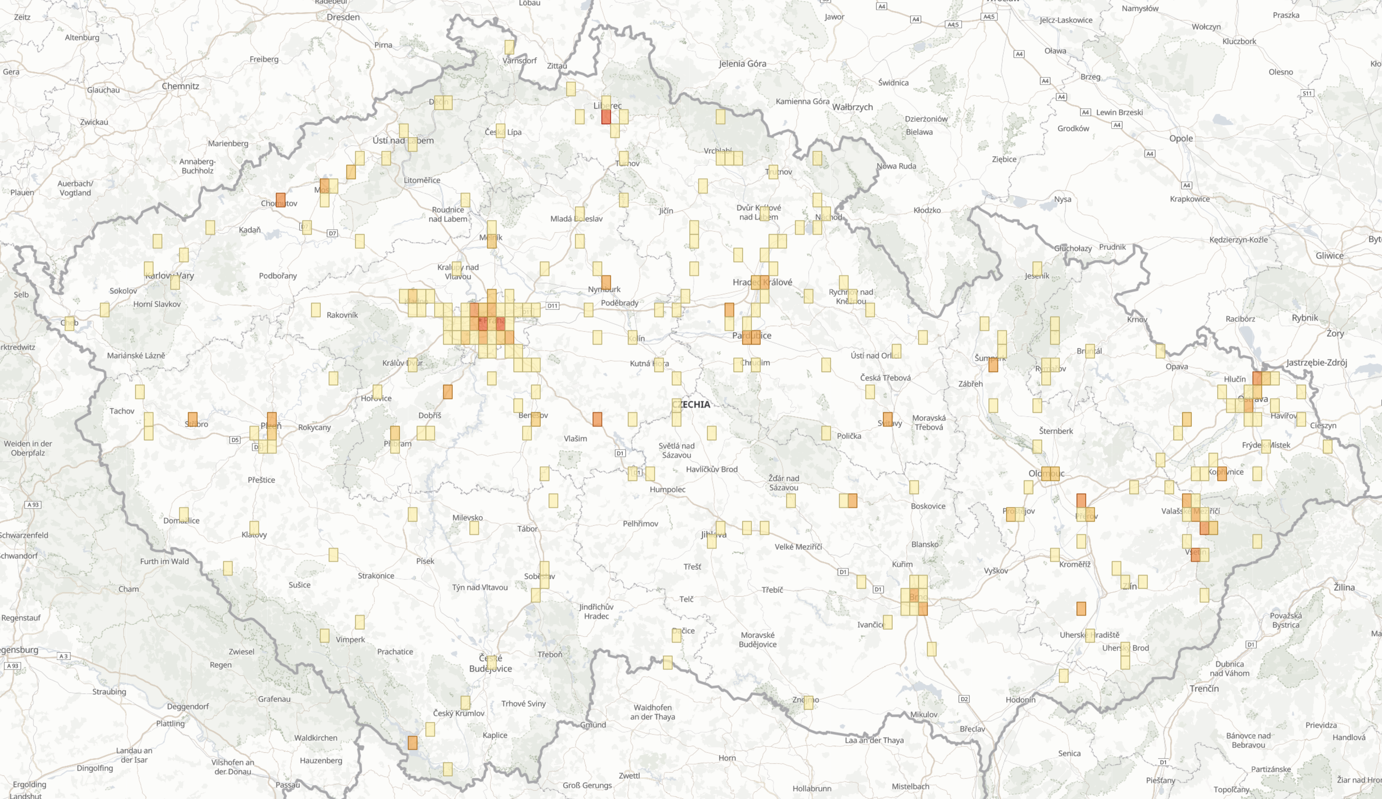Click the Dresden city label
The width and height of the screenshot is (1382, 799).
tap(343, 17)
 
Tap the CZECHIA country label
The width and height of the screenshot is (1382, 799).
tap(691, 404)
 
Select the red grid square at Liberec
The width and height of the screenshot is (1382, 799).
tap(606, 117)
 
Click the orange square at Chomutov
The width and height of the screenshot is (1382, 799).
tap(280, 200)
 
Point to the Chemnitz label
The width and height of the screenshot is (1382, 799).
tap(180, 86)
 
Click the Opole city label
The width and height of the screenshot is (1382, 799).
tap(1181, 138)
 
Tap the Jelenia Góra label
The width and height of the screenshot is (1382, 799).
tap(743, 64)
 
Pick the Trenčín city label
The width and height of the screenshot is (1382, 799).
tap(1204, 688)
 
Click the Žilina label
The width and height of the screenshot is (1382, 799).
tap(1344, 587)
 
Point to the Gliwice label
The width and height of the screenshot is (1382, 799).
tap(1329, 255)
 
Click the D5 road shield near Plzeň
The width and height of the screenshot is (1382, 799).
tap(235, 440)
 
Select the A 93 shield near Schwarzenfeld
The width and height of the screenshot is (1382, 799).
tap(33, 505)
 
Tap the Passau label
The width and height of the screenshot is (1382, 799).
tap(287, 785)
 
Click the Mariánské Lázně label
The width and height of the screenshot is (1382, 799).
tap(136, 356)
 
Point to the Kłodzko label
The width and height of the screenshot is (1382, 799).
tap(927, 210)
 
